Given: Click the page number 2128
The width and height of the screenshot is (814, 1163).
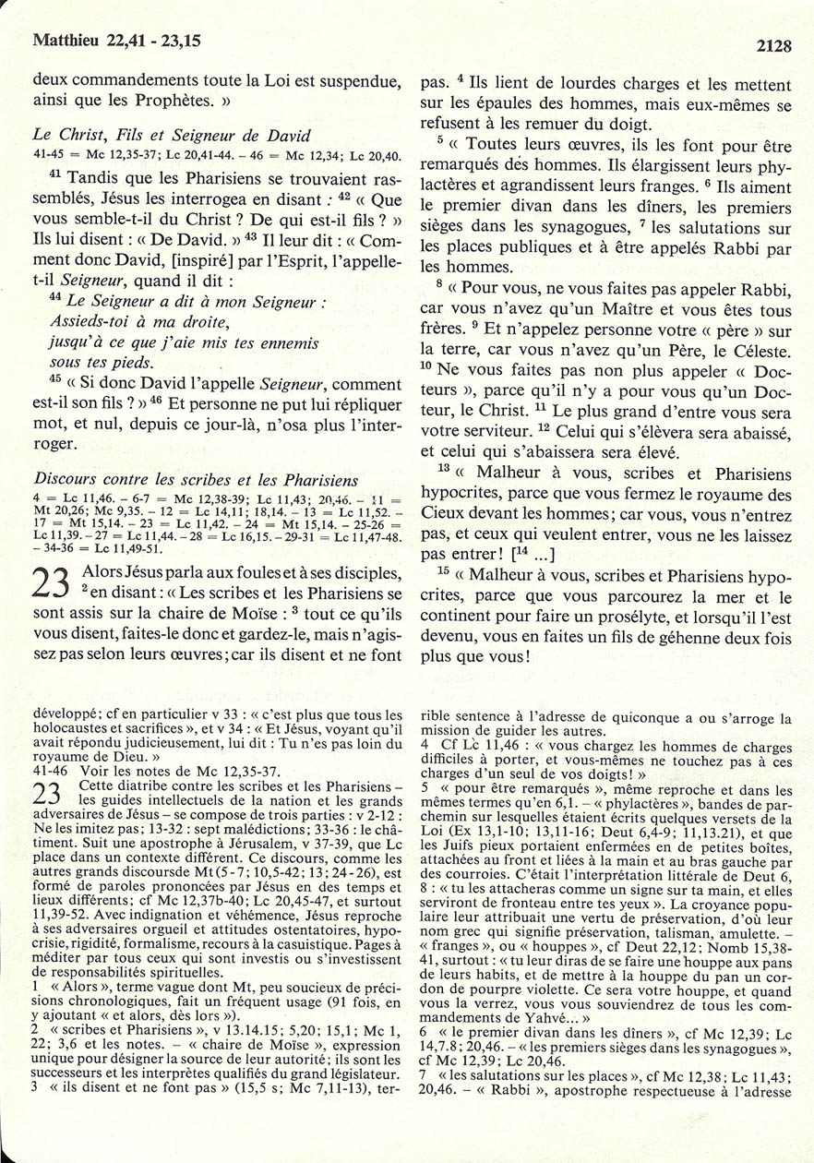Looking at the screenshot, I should point(773,44).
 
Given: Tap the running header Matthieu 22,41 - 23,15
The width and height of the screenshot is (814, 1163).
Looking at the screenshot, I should point(116,40).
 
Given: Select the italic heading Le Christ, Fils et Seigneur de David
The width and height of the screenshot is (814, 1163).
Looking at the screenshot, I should point(171,135).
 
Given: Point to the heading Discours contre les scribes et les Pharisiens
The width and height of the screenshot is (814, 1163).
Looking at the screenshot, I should point(195,479).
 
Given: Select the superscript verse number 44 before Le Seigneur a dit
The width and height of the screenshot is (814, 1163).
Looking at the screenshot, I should point(54,300).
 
